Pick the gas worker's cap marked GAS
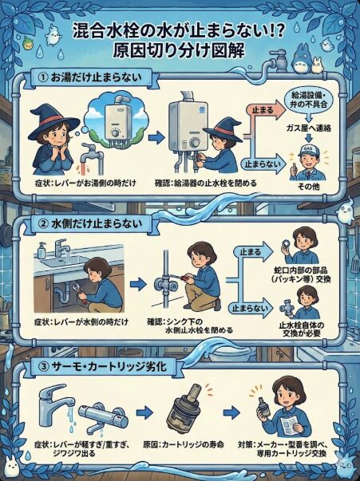(x=308, y=149)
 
